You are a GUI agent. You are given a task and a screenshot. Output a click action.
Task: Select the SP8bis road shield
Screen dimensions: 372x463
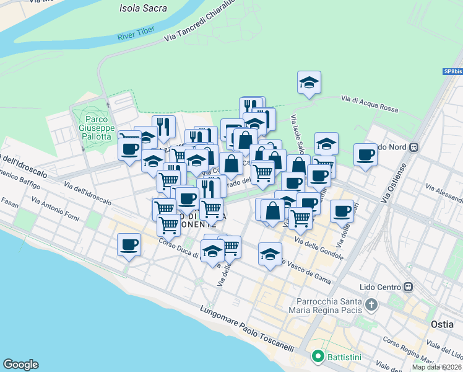click(x=452, y=72)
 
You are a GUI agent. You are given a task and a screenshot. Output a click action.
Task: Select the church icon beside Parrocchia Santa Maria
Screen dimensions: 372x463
click(x=371, y=305)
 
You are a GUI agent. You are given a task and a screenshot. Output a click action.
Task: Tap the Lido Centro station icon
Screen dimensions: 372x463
click(x=408, y=287)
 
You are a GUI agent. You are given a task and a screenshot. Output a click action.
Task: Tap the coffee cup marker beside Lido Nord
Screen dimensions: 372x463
click(x=366, y=154)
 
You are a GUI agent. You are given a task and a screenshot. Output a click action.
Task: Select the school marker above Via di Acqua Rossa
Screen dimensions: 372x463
click(x=309, y=82)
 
